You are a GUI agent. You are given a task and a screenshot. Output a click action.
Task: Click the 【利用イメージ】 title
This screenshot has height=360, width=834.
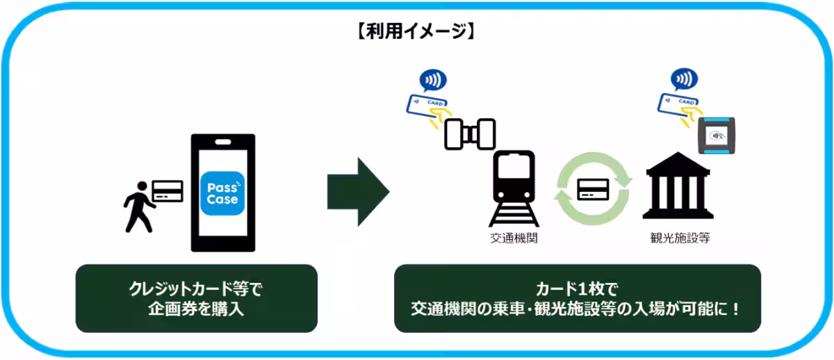417,31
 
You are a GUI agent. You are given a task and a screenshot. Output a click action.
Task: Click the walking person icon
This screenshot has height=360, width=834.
138,206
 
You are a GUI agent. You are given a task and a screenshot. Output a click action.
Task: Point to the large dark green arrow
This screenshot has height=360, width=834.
357,192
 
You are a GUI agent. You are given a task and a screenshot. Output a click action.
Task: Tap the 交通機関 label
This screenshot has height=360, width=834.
514,238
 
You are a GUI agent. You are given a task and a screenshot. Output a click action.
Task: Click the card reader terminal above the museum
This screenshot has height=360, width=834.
716,134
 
